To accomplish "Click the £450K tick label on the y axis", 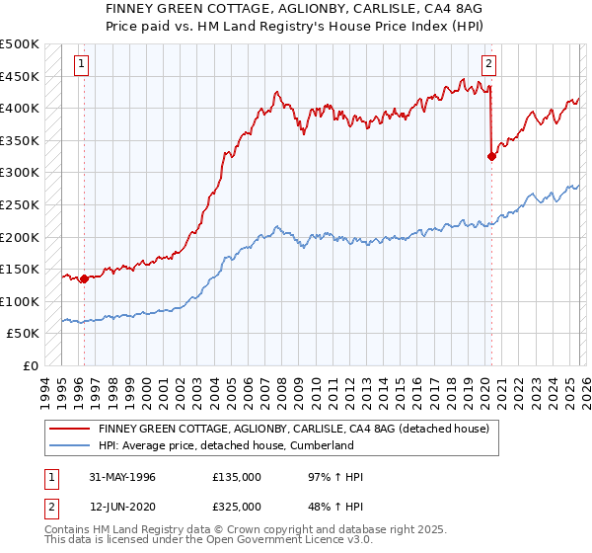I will point(20,76).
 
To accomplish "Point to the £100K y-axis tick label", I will point(20,301).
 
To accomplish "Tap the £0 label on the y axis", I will point(31,365).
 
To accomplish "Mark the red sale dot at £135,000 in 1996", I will point(85,278).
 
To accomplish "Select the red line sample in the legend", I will point(70,430).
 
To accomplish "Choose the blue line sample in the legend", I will point(70,445).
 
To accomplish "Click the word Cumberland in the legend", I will point(322,445).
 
